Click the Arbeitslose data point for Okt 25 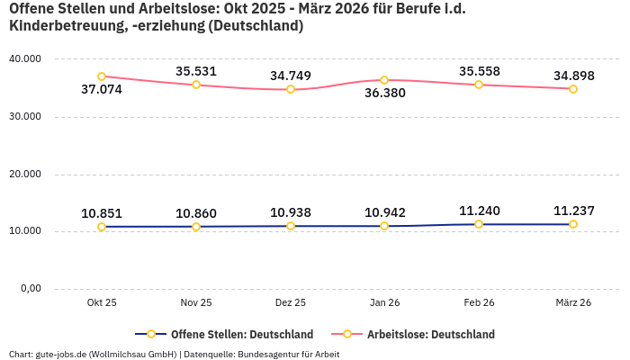click(x=102, y=76)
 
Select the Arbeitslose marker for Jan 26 click(x=384, y=80)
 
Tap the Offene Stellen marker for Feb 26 click(x=479, y=224)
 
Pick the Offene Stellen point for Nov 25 click(x=196, y=227)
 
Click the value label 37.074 click(x=102, y=90)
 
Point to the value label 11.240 click(x=479, y=211)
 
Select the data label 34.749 click(x=291, y=76)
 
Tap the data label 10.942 click(x=384, y=213)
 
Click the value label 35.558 click(x=479, y=71)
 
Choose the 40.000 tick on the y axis click(x=25, y=58)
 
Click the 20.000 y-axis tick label click(x=25, y=174)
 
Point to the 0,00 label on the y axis click(x=29, y=289)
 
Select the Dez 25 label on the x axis click(x=291, y=303)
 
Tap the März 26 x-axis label click(x=572, y=303)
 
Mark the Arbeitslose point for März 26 click(x=572, y=88)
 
